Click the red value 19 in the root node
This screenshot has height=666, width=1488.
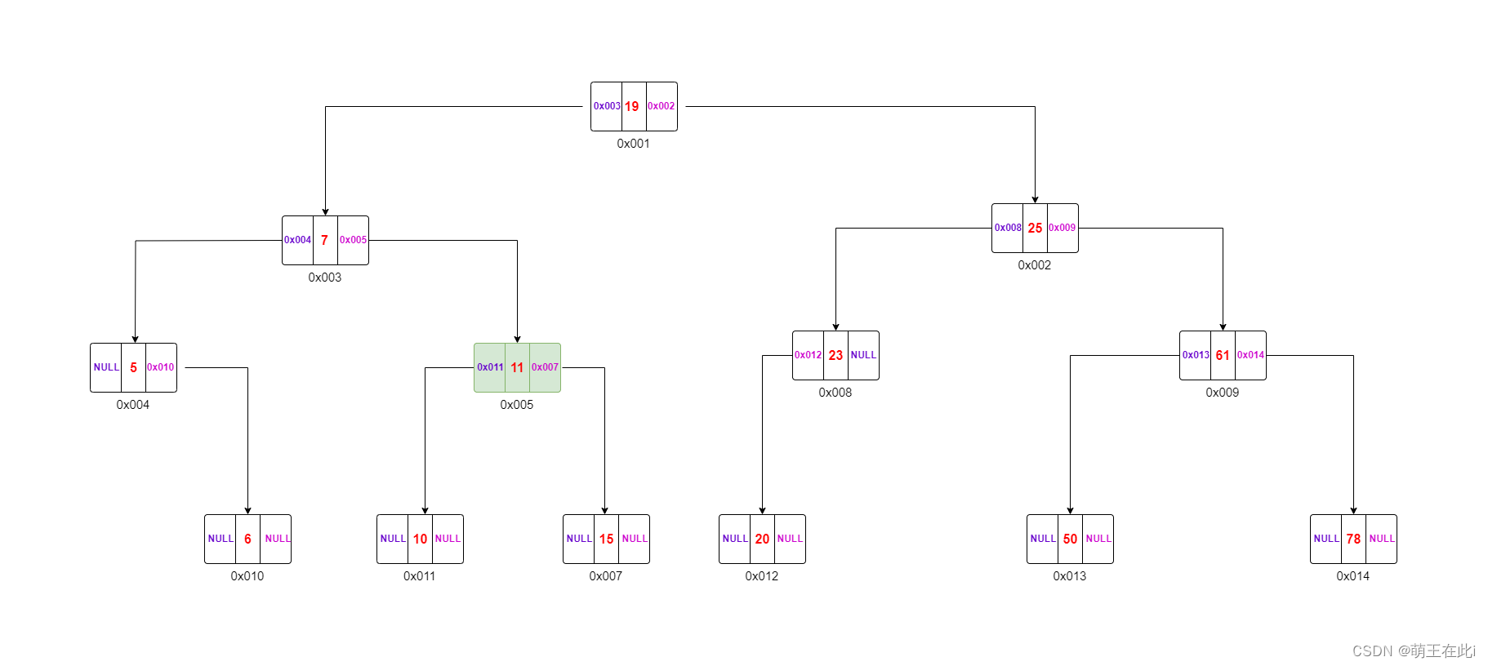[x=632, y=106]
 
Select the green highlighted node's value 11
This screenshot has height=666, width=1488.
[x=517, y=367]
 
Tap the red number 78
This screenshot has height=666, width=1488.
[x=1353, y=539]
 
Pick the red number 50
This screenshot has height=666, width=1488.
[x=1070, y=539]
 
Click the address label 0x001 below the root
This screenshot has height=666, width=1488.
[x=633, y=144]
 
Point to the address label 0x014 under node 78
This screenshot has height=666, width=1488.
[x=1352, y=576]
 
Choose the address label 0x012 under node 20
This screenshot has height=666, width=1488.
[x=761, y=576]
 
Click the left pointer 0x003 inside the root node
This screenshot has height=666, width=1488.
[x=607, y=106]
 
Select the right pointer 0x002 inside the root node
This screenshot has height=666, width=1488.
[x=661, y=106]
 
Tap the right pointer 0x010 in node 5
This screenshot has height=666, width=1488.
[x=160, y=367]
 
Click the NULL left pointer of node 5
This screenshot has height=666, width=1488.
[x=106, y=367]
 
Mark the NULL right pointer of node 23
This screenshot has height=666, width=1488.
[x=863, y=355]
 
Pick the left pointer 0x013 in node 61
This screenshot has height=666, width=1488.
[x=1196, y=355]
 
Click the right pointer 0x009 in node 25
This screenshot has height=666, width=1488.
[x=1062, y=228]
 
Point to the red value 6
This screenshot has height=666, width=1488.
[x=247, y=539]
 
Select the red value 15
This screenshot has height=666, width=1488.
[x=606, y=539]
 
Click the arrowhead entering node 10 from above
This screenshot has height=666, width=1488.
[x=425, y=510]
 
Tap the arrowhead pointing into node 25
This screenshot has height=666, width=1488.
[x=1035, y=199]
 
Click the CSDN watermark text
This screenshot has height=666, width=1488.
[x=1414, y=650]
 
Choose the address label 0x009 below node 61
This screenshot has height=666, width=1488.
[x=1222, y=393]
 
